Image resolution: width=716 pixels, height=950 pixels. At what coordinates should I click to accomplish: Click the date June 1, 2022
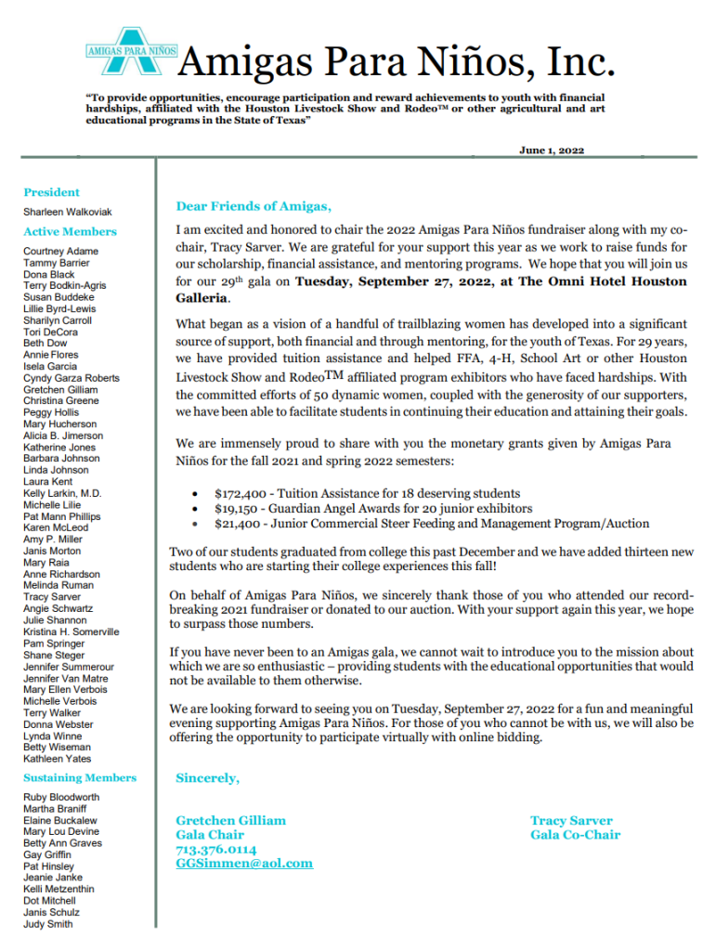[552, 150]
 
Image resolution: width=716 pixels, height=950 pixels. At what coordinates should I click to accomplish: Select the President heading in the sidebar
[52, 192]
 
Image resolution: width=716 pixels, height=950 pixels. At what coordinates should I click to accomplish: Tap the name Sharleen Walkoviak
[68, 213]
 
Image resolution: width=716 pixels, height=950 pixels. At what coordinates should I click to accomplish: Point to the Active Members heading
[71, 232]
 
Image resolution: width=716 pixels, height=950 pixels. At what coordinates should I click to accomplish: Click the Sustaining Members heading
[80, 778]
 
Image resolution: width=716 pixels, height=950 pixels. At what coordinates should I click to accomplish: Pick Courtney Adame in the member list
[60, 252]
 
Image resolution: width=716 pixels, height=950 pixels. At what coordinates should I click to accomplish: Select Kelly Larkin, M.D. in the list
[62, 493]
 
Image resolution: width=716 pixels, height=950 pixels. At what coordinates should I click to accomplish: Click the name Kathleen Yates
[58, 759]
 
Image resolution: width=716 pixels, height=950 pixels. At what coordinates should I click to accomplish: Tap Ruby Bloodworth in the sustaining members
[61, 798]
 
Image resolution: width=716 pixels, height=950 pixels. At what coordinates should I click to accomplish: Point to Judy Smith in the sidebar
[47, 924]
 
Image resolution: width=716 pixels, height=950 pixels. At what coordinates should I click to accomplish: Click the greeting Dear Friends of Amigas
[254, 207]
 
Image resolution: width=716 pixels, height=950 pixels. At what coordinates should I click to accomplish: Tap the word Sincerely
[207, 778]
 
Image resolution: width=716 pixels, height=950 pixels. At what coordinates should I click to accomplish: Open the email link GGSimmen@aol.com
[244, 864]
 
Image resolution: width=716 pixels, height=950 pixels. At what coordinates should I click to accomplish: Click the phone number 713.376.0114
[216, 850]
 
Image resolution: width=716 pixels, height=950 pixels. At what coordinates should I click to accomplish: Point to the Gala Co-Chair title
[575, 835]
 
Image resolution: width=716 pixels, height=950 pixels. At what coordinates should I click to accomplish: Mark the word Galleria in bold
[202, 299]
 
